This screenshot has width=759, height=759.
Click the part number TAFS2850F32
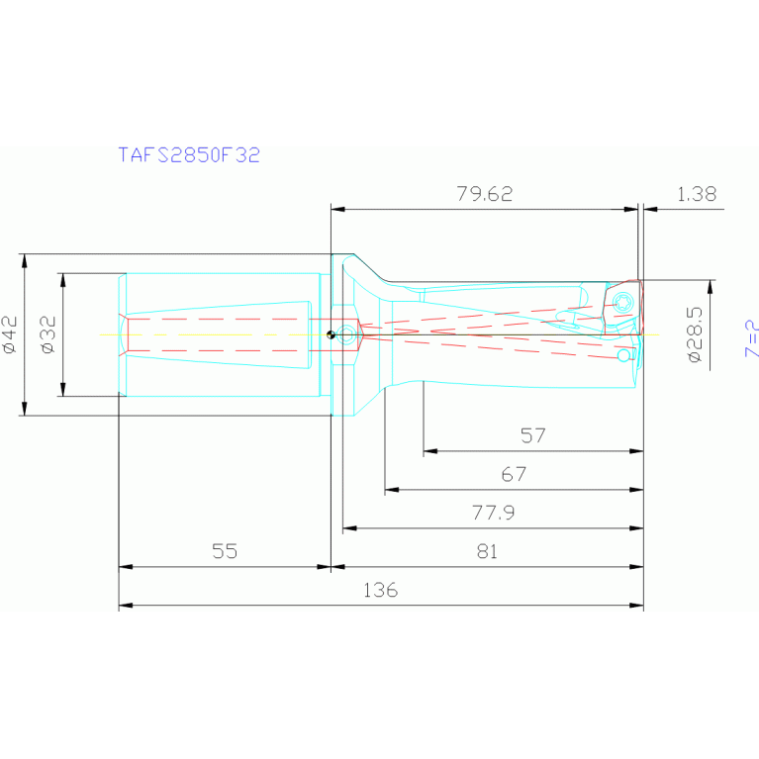click(189, 155)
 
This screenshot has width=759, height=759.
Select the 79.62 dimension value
click(485, 194)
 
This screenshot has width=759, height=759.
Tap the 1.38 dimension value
click(696, 194)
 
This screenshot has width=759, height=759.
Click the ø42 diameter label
click(10, 334)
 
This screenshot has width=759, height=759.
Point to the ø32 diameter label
click(48, 334)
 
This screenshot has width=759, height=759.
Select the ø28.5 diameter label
click(694, 334)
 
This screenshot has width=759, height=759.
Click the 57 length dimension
click(533, 435)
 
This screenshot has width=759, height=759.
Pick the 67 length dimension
click(514, 474)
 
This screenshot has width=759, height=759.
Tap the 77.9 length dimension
click(493, 513)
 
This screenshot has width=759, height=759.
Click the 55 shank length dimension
click(225, 551)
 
